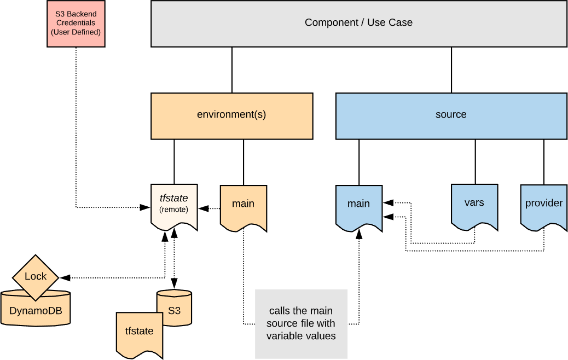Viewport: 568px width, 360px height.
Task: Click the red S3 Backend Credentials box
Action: pyautogui.click(x=76, y=24)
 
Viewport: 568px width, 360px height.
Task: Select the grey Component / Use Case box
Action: pyautogui.click(x=358, y=23)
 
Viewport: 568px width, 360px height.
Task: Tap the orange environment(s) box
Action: pyautogui.click(x=231, y=115)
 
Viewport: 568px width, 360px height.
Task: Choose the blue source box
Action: pyautogui.click(x=451, y=115)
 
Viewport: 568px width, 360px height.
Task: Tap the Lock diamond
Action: pyautogui.click(x=36, y=277)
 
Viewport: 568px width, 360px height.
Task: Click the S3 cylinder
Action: pyautogui.click(x=174, y=309)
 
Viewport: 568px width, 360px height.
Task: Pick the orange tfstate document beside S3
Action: pyautogui.click(x=139, y=333)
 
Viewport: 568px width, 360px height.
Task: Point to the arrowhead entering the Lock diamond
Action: pyautogui.click(x=66, y=277)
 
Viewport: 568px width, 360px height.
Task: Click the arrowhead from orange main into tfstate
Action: pyautogui.click(x=201, y=208)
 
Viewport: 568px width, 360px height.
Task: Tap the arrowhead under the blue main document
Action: pyautogui.click(x=358, y=234)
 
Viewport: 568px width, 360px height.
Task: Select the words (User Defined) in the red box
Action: pyautogui.click(x=76, y=32)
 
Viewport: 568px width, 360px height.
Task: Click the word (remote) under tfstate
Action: pyautogui.click(x=174, y=210)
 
